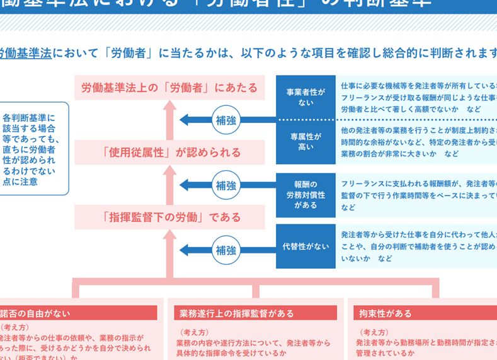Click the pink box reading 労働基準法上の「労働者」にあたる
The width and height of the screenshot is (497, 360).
click(169, 88)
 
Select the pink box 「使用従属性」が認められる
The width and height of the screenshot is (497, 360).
click(169, 153)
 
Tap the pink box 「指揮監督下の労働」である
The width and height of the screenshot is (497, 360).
click(169, 218)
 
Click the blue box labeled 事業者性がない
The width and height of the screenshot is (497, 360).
click(306, 96)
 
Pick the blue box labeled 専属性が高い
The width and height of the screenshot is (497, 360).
click(306, 141)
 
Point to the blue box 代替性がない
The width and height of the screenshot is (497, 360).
click(306, 246)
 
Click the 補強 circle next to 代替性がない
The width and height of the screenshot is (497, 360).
click(226, 250)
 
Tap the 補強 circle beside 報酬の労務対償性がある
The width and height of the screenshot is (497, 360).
click(226, 185)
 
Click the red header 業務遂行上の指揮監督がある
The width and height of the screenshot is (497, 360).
click(254, 313)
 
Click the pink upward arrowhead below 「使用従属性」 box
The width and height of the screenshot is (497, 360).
click(169, 173)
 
